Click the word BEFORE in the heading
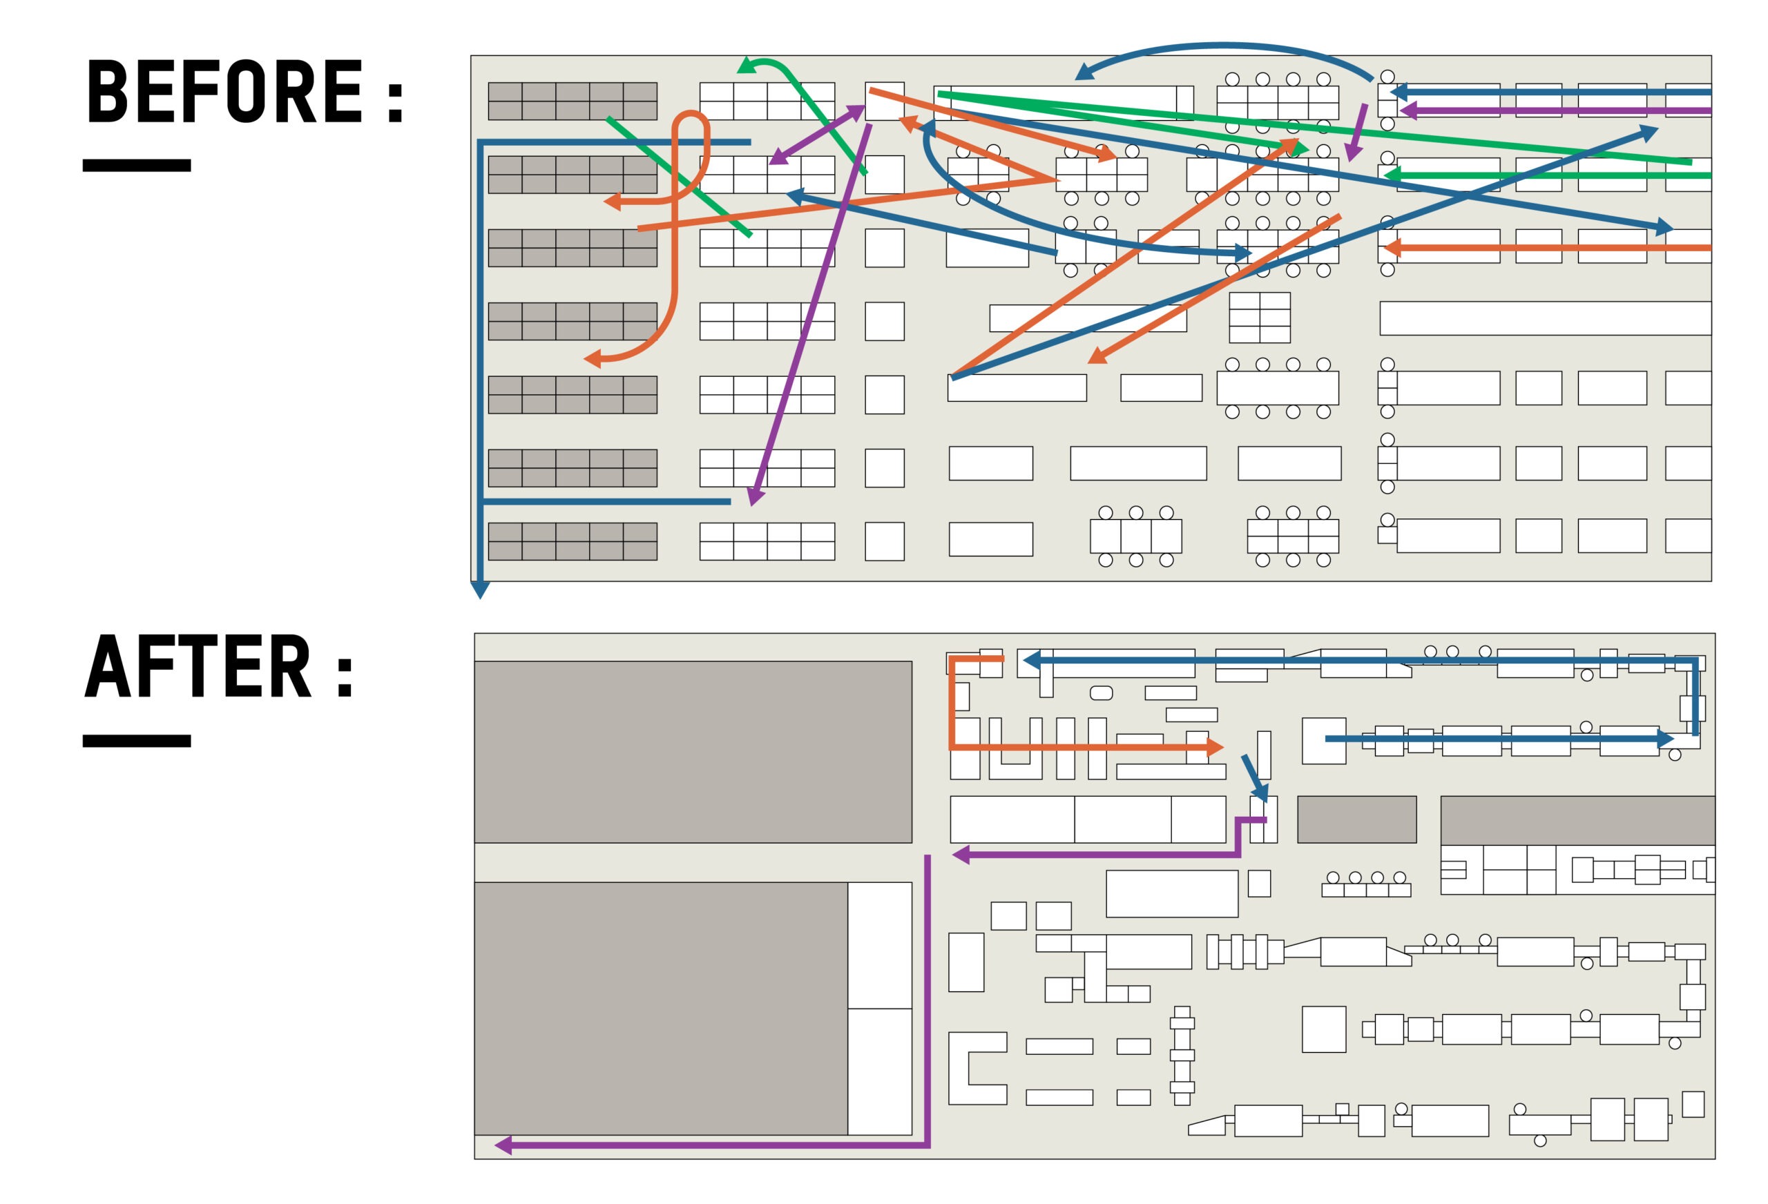pyautogui.click(x=225, y=91)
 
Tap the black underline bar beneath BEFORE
pyautogui.click(x=137, y=165)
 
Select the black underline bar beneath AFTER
pyautogui.click(x=137, y=741)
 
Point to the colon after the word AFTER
pyautogui.click(x=345, y=674)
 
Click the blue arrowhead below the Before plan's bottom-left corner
pyautogui.click(x=480, y=590)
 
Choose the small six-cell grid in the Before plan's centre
pyautogui.click(x=1259, y=317)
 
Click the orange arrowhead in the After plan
pyautogui.click(x=1215, y=748)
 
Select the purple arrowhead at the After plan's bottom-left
pyautogui.click(x=503, y=1145)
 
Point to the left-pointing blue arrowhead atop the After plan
pyautogui.click(x=1032, y=661)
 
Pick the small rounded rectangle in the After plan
pyautogui.click(x=1101, y=693)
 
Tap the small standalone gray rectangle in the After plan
pyautogui.click(x=1356, y=819)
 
